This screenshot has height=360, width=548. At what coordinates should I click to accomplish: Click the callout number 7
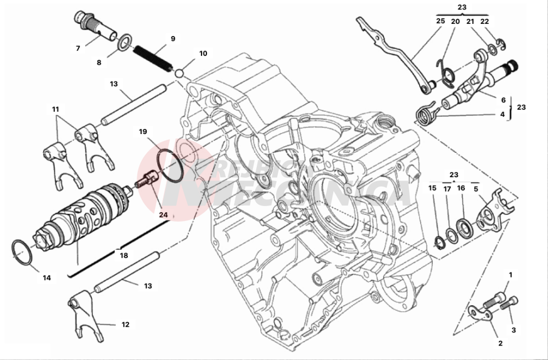pyautogui.click(x=78, y=48)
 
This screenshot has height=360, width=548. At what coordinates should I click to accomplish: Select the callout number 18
pyautogui.click(x=124, y=255)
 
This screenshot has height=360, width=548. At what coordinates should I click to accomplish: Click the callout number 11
pyautogui.click(x=55, y=110)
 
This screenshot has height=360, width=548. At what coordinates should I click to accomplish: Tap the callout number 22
pyautogui.click(x=485, y=21)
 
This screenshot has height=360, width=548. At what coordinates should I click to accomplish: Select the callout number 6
pyautogui.click(x=503, y=100)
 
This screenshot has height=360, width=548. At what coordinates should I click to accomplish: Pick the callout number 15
pyautogui.click(x=432, y=188)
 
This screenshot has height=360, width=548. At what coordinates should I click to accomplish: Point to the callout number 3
pyautogui.click(x=513, y=330)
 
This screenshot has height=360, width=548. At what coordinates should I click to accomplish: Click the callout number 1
pyautogui.click(x=511, y=275)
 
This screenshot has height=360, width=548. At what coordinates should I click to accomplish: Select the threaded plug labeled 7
pyautogui.click(x=94, y=24)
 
